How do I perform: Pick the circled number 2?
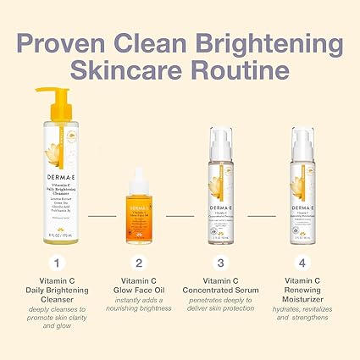pos(138,262)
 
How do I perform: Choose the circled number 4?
pos(303,262)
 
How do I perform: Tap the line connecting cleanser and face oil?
pos(102,216)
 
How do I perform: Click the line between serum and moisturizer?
pos(262,216)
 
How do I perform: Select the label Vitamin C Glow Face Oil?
pos(138,287)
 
